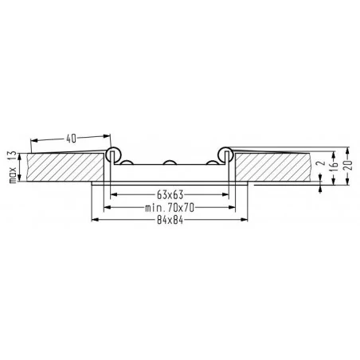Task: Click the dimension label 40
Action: click(72, 138)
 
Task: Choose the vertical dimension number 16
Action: click(335, 166)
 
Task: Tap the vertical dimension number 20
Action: click(350, 166)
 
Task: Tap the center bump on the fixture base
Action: click(169, 163)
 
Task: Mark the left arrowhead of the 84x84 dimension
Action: click(96, 219)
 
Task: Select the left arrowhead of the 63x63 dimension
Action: click(113, 194)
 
